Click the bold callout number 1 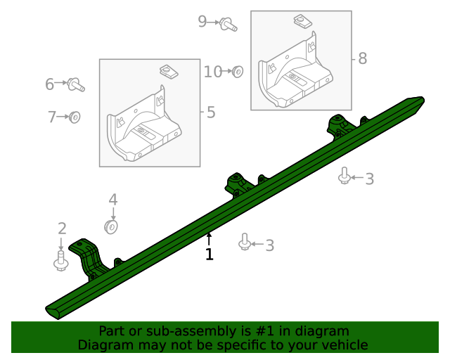pyautogui.click(x=210, y=254)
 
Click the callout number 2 pyautogui.click(x=62, y=229)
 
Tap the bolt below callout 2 pyautogui.click(x=61, y=260)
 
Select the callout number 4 pyautogui.click(x=113, y=200)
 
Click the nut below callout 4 pyautogui.click(x=111, y=227)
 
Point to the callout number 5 pyautogui.click(x=50, y=84)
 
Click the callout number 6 pyautogui.click(x=51, y=117)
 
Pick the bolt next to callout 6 pyautogui.click(x=76, y=85)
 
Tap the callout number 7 pyautogui.click(x=202, y=22)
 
